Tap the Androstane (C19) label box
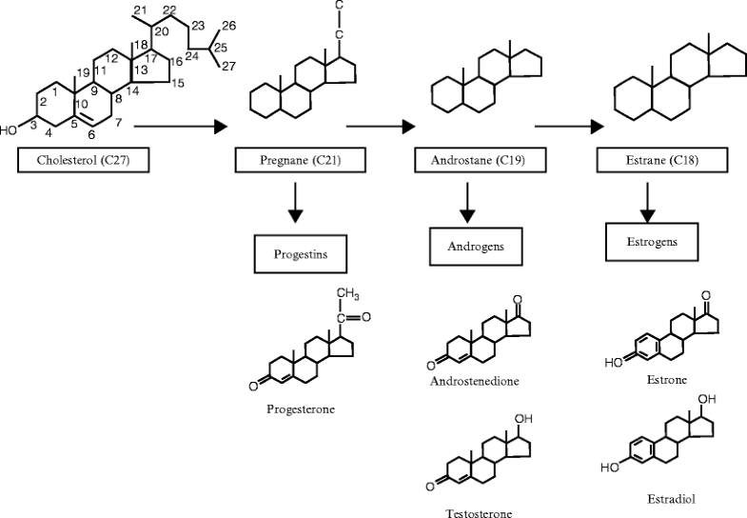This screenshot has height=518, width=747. tap(471, 160)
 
